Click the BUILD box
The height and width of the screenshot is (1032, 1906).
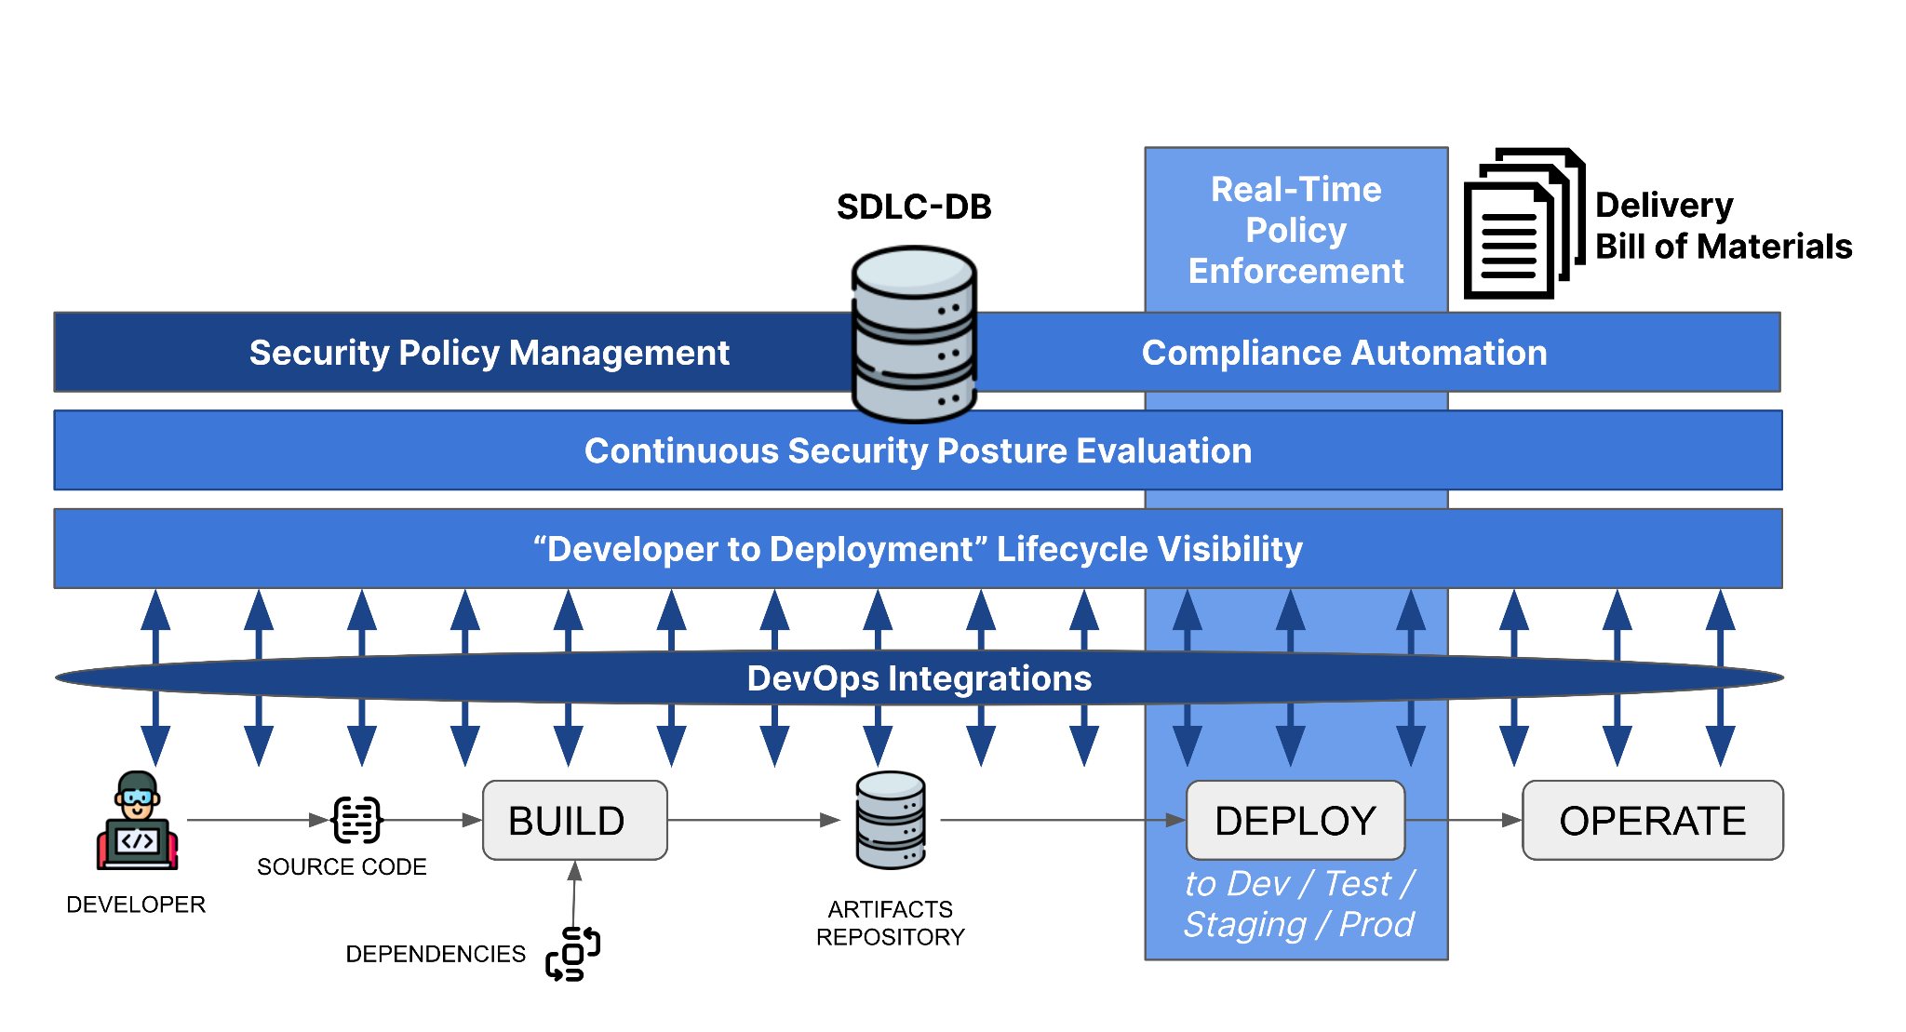click(575, 820)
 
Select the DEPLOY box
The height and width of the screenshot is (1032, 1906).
click(1295, 820)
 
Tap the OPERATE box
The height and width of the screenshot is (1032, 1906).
click(1653, 820)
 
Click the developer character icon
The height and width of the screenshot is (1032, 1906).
click(138, 821)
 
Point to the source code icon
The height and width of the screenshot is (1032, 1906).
click(357, 820)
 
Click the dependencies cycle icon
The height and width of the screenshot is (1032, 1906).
click(573, 954)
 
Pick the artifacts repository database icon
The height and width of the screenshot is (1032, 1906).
click(891, 820)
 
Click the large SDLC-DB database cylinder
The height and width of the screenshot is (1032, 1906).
click(914, 333)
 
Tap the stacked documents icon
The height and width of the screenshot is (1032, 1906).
click(1524, 223)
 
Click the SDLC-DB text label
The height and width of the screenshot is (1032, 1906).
click(914, 207)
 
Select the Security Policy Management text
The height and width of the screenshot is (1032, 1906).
click(489, 353)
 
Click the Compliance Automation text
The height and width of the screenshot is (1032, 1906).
click(1344, 353)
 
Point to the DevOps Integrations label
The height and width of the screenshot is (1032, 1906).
click(919, 678)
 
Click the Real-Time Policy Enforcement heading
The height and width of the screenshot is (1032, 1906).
click(1295, 230)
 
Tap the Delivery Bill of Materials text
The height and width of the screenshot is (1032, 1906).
click(1724, 225)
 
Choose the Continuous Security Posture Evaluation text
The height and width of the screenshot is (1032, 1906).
click(918, 450)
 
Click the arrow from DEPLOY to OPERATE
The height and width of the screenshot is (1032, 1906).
click(1463, 820)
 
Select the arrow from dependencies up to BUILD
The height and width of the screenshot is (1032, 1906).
click(574, 893)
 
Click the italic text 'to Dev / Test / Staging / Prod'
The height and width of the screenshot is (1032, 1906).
click(1299, 904)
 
